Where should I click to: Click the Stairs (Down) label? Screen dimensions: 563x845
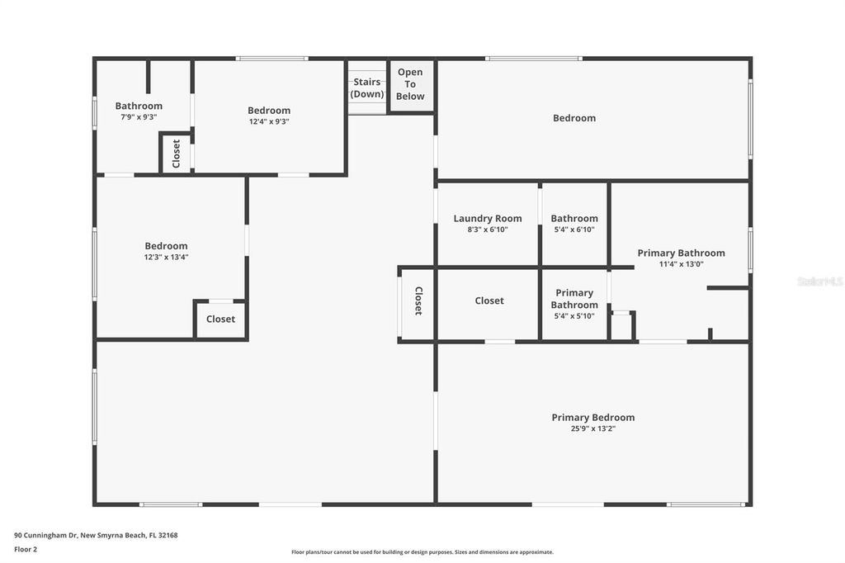point(367,88)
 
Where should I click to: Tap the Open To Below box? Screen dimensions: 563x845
point(410,84)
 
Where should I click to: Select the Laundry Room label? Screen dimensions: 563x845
point(488,219)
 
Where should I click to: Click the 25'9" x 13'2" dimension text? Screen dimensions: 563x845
point(592,428)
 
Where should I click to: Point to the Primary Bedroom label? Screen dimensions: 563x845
point(592,418)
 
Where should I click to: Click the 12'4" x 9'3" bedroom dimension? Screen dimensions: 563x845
point(269,121)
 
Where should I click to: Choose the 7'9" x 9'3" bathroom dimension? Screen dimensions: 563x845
point(139,116)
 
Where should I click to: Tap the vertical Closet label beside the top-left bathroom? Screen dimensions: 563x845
point(176,154)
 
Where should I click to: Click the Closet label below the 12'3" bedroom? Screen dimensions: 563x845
point(220,319)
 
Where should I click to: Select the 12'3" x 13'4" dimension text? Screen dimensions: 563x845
point(166,257)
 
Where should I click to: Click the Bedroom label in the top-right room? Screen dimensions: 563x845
point(574,118)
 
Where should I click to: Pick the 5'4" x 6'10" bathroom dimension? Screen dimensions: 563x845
point(574,229)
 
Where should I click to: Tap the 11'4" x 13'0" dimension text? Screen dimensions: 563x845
point(681,264)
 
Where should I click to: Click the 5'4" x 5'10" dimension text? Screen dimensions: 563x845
point(574,315)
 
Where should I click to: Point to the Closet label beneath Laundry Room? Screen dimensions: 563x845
point(489,301)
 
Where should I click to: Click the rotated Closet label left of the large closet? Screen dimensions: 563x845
point(418,301)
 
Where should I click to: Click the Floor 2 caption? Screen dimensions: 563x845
point(26,548)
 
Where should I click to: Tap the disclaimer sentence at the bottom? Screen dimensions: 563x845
point(422,552)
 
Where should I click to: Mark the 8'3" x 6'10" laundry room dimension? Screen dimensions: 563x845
point(488,229)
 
